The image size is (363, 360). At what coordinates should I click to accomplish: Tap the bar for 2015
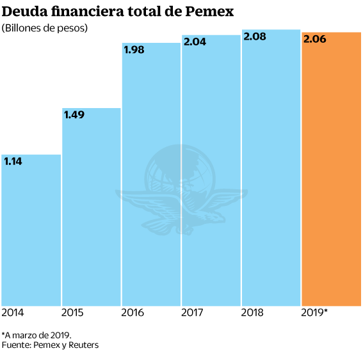92,211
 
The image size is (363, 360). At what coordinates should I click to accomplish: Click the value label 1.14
13,162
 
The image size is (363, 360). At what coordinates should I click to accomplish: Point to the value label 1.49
75,115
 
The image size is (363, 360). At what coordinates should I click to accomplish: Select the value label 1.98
135,51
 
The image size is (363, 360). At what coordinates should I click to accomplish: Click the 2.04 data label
195,43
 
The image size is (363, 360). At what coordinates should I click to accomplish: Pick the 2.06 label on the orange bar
315,40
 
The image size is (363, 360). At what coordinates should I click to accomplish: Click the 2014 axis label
13,313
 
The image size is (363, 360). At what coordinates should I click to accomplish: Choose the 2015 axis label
72,313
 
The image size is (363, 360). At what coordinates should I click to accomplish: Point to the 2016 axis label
133,313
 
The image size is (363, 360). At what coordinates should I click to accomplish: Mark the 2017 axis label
192,313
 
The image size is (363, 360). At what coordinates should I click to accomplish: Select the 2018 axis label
253,313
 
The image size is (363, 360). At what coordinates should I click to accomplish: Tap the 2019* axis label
314,313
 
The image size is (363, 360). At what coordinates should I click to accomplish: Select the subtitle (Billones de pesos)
45,28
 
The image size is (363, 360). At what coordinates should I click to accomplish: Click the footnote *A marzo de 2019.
36,335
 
